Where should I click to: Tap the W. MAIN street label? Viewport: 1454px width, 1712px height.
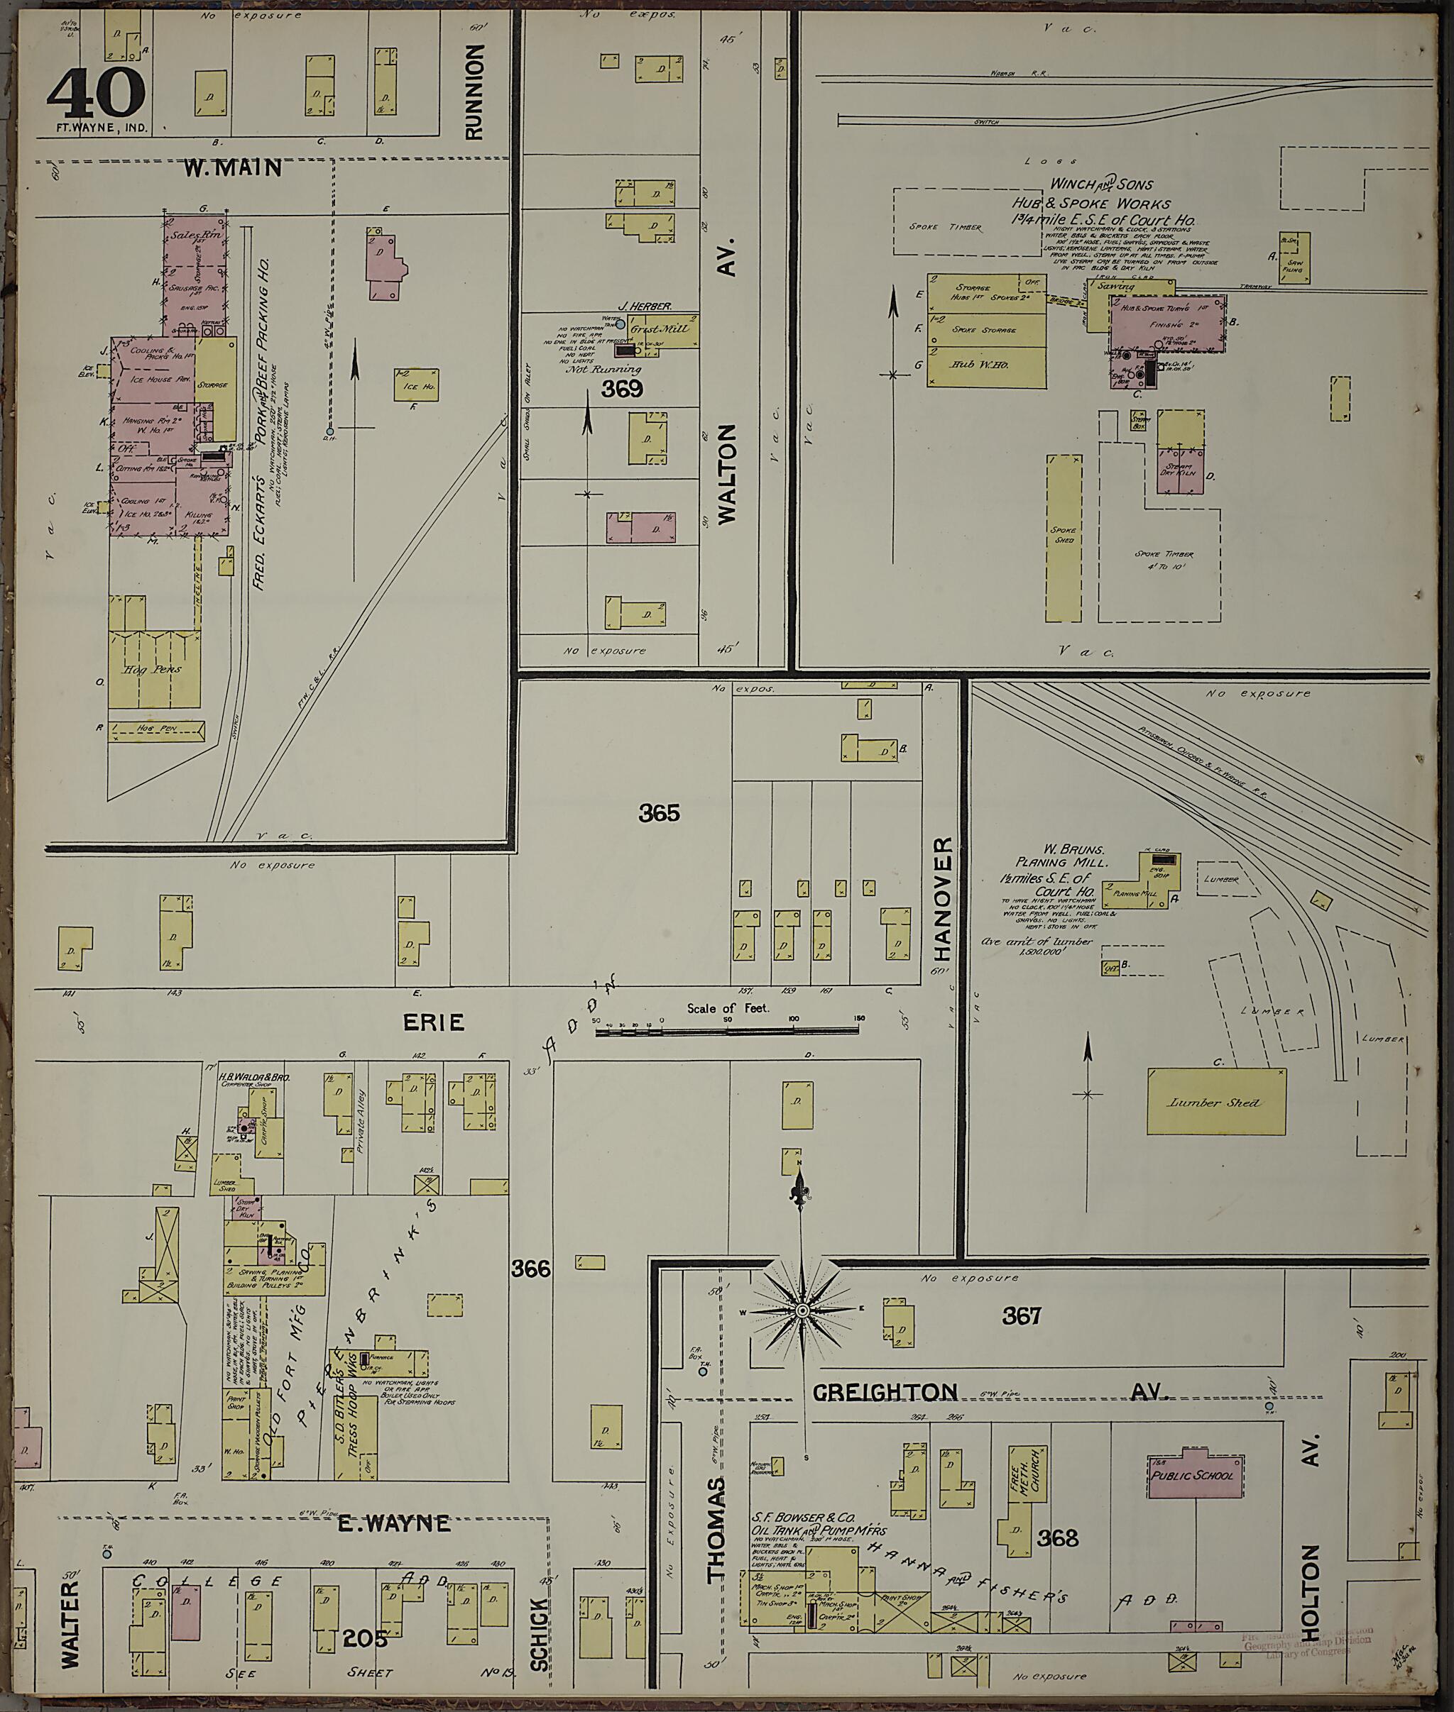[232, 169]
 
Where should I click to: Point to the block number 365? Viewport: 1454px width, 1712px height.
[660, 814]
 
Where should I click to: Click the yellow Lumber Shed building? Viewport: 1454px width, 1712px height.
[1215, 1103]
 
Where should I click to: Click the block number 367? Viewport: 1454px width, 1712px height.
[1022, 1315]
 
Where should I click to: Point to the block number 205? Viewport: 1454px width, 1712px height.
[365, 1639]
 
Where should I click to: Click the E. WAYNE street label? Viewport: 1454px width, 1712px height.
[395, 1523]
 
